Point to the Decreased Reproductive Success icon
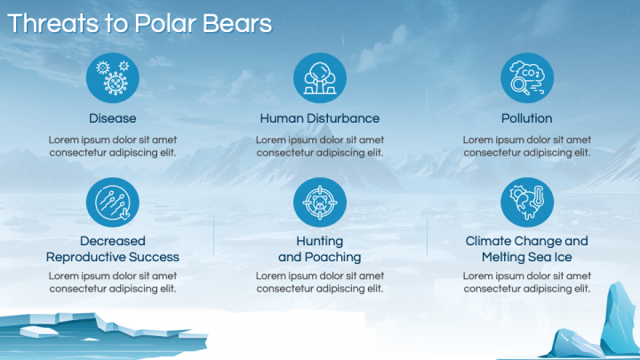click(x=113, y=202)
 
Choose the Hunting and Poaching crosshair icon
click(x=320, y=202)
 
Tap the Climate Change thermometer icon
click(x=527, y=202)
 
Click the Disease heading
click(x=113, y=118)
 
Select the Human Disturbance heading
click(x=320, y=118)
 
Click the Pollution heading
click(x=527, y=118)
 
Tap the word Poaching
click(x=332, y=257)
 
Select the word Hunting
click(x=320, y=241)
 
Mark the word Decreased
click(x=113, y=241)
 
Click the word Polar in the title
click(x=159, y=23)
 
